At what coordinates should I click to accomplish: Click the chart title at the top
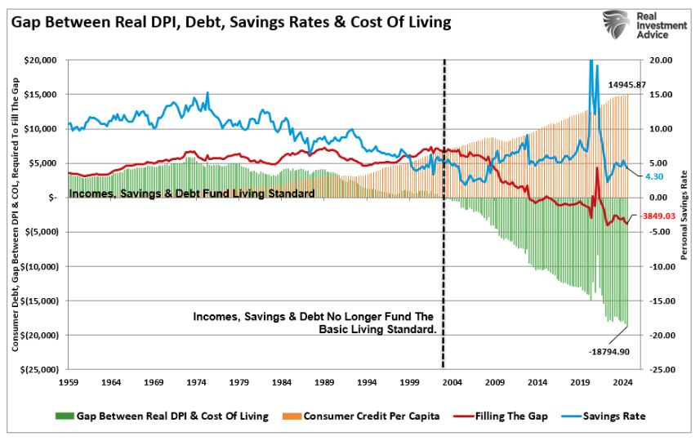point(231,22)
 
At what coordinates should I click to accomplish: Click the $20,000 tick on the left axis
point(40,60)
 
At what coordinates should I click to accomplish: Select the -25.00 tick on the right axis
point(662,370)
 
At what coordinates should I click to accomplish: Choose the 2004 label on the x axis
point(453,381)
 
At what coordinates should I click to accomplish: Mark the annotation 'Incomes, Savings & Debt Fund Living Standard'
point(192,194)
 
